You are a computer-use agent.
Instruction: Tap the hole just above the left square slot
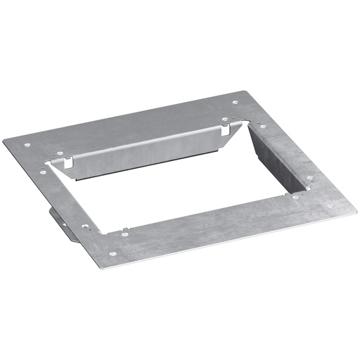tap(59, 152)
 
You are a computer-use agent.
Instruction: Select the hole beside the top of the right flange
tap(263, 127)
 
